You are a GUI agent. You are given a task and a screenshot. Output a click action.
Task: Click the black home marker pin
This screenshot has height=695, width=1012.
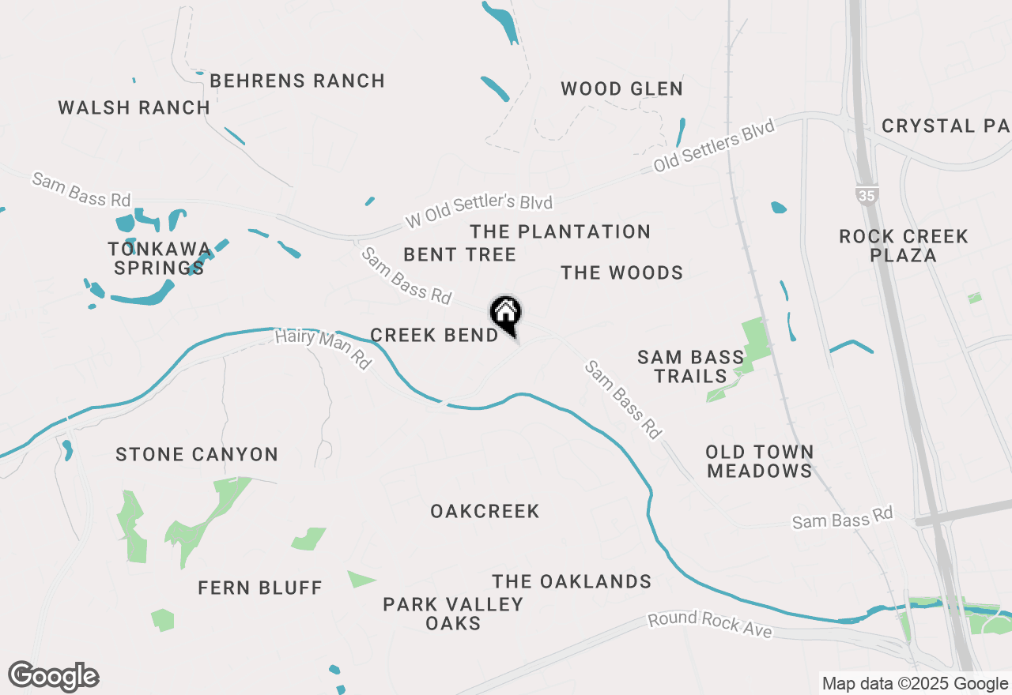click(x=505, y=314)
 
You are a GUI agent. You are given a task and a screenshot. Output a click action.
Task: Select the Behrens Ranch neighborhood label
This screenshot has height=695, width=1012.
click(x=297, y=81)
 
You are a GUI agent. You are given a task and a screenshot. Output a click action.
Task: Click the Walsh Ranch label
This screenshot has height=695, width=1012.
click(x=134, y=107)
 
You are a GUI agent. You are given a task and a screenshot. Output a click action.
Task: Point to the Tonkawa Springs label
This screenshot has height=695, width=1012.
click(x=159, y=258)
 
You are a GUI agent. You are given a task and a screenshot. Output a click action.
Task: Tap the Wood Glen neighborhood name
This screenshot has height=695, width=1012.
click(x=622, y=88)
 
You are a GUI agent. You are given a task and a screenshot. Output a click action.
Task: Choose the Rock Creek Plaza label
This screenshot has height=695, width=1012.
click(x=904, y=246)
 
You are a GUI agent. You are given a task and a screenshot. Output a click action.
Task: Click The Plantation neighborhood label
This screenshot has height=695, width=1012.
click(x=560, y=231)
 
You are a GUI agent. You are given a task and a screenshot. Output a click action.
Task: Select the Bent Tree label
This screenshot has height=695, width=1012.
click(x=459, y=254)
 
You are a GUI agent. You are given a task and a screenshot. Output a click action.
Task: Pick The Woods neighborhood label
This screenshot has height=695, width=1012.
click(x=622, y=272)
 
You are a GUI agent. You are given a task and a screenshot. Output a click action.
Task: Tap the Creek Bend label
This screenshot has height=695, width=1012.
click(x=434, y=335)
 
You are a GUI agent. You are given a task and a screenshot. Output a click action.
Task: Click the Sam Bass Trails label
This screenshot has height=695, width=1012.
click(x=691, y=367)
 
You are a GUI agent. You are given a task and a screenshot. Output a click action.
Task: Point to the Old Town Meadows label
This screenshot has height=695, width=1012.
click(x=759, y=461)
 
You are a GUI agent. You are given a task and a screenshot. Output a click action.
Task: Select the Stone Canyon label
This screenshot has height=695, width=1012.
click(x=197, y=454)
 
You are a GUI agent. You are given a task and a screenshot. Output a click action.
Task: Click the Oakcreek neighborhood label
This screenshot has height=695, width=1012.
click(x=485, y=511)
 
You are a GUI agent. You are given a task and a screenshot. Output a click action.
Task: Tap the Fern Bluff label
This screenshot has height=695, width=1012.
click(x=260, y=588)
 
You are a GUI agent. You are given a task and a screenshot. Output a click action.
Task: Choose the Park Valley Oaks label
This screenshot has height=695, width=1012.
click(x=453, y=614)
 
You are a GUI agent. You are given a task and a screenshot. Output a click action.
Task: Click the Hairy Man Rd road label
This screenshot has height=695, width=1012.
click(x=323, y=349)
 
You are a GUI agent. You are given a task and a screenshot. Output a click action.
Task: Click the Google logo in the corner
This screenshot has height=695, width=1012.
click(x=54, y=676)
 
